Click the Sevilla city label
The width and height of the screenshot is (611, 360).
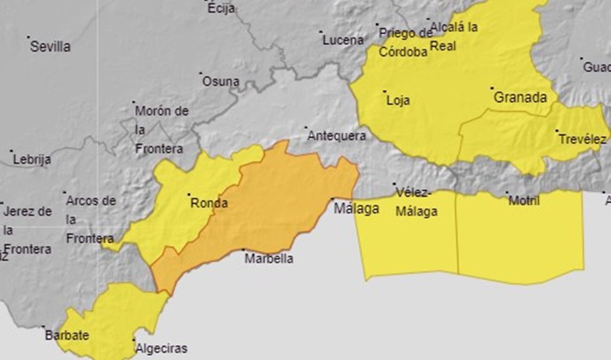tap(51, 47)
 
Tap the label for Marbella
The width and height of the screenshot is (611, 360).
tap(269, 259)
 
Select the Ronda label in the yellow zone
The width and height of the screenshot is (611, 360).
tap(209, 204)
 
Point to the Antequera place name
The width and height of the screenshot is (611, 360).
tap(336, 136)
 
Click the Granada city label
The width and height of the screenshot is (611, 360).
tap(520, 98)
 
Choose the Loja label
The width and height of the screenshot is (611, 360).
tap(398, 101)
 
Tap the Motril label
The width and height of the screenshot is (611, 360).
tap(524, 201)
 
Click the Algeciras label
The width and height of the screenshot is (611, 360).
tap(160, 349)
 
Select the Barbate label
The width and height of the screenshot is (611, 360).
tap(66, 336)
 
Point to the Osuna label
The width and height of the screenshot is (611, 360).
tap(221, 82)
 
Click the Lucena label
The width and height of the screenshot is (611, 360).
tap(343, 40)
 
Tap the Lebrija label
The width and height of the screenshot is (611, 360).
tap(32, 160)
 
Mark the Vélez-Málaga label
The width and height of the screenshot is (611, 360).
tap(417, 202)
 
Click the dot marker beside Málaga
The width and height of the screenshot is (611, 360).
tap(332, 199)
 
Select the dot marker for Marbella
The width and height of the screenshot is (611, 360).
tap(244, 250)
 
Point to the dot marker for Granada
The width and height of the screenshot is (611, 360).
tap(492, 87)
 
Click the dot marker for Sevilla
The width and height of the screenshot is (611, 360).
tap(29, 37)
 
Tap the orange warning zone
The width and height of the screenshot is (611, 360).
tap(276, 204)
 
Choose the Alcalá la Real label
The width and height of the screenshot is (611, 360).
tap(454, 36)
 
